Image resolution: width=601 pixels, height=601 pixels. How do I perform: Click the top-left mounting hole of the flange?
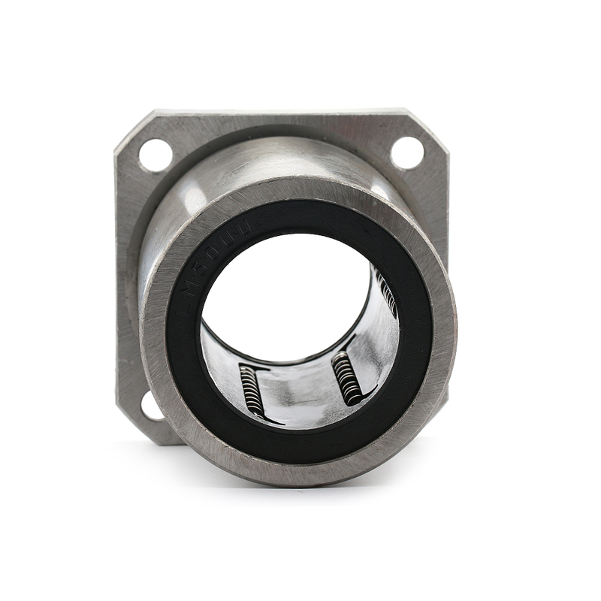pos(156,155)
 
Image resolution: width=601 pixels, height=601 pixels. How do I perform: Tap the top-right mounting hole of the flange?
pos(407,153)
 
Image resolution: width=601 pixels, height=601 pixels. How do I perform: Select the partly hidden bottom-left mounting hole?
pos(150,406)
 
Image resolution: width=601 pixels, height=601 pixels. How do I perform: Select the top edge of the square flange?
pos(282,113)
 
